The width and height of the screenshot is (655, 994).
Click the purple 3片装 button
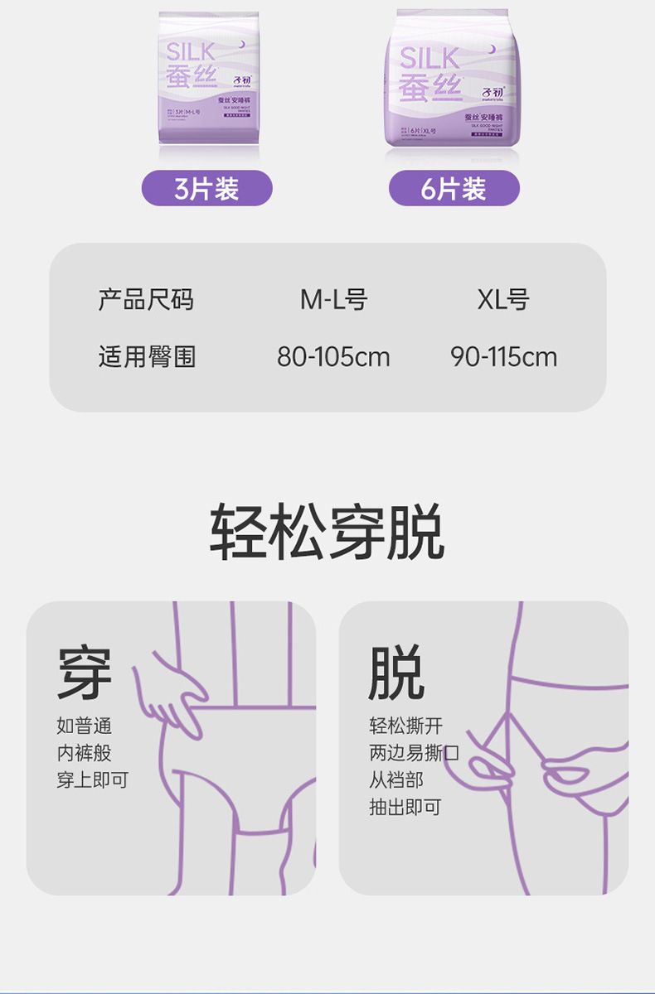tap(206, 188)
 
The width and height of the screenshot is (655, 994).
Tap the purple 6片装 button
tap(454, 188)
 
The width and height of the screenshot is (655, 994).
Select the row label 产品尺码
tap(146, 299)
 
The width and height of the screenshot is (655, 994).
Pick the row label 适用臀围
tap(146, 357)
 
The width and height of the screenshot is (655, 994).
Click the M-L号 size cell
tap(333, 299)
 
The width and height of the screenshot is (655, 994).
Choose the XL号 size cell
tap(503, 299)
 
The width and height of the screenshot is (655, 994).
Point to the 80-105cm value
tap(333, 357)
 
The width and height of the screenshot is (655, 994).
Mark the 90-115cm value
tap(503, 357)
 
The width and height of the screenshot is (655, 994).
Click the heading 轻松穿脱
tap(327, 532)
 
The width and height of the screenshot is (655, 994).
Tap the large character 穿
tap(85, 673)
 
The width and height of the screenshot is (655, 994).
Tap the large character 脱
tap(396, 673)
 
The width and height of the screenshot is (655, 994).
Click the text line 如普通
tap(84, 726)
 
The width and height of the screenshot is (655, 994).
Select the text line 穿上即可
tap(93, 779)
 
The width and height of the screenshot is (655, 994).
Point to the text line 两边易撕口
tap(414, 753)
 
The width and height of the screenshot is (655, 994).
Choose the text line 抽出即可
tap(405, 806)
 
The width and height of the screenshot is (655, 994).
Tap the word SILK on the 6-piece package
tap(429, 58)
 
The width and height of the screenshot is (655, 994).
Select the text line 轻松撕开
tap(405, 726)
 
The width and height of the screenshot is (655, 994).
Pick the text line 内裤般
tap(84, 753)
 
